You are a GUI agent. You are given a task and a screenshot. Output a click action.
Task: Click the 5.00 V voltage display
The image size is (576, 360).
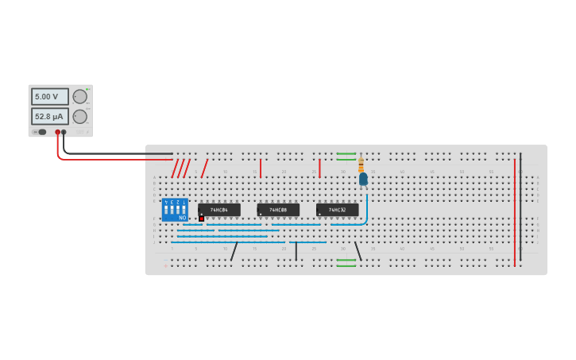pyautogui.click(x=49, y=96)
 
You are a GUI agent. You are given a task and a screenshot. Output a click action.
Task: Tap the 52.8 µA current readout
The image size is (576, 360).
pyautogui.click(x=49, y=116)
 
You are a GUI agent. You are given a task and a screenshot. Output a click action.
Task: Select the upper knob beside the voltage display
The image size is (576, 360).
pyautogui.click(x=80, y=96)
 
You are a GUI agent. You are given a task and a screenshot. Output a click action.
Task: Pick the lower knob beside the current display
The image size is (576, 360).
pyautogui.click(x=80, y=117)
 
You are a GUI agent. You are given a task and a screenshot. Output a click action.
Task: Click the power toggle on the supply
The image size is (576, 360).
pyautogui.click(x=41, y=132)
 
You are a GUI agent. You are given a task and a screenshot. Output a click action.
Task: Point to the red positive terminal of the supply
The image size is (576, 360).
pyautogui.click(x=57, y=132)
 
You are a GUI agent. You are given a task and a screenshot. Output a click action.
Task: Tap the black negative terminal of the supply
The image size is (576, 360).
pyautogui.click(x=64, y=132)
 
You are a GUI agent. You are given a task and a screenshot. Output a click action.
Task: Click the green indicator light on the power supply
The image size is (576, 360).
pyautogui.click(x=87, y=89)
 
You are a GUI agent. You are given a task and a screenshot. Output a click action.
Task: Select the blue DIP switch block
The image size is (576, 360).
pyautogui.click(x=175, y=210)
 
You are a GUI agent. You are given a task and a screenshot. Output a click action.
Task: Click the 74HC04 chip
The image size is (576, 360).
pyautogui.click(x=219, y=210)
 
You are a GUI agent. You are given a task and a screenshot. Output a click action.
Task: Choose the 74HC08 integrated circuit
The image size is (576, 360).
pyautogui.click(x=278, y=210)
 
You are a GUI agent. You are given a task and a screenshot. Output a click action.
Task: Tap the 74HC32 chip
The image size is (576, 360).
pyautogui.click(x=337, y=210)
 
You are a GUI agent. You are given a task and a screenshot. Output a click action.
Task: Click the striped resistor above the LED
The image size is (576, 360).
pyautogui.click(x=361, y=165)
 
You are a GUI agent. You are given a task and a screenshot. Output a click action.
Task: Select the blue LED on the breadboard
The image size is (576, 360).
pyautogui.click(x=363, y=179)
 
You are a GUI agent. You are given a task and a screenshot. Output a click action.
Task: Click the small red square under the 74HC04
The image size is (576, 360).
pyautogui.click(x=202, y=218)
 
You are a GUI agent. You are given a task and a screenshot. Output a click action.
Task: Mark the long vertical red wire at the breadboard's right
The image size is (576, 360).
pyautogui.click(x=514, y=211)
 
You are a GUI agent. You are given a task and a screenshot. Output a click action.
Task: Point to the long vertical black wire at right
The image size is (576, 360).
pyautogui.click(x=520, y=207)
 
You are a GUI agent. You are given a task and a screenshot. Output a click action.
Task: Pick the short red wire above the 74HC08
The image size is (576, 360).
pyautogui.click(x=260, y=168)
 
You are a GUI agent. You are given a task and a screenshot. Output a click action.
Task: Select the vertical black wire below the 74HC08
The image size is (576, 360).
pyautogui.click(x=296, y=251)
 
